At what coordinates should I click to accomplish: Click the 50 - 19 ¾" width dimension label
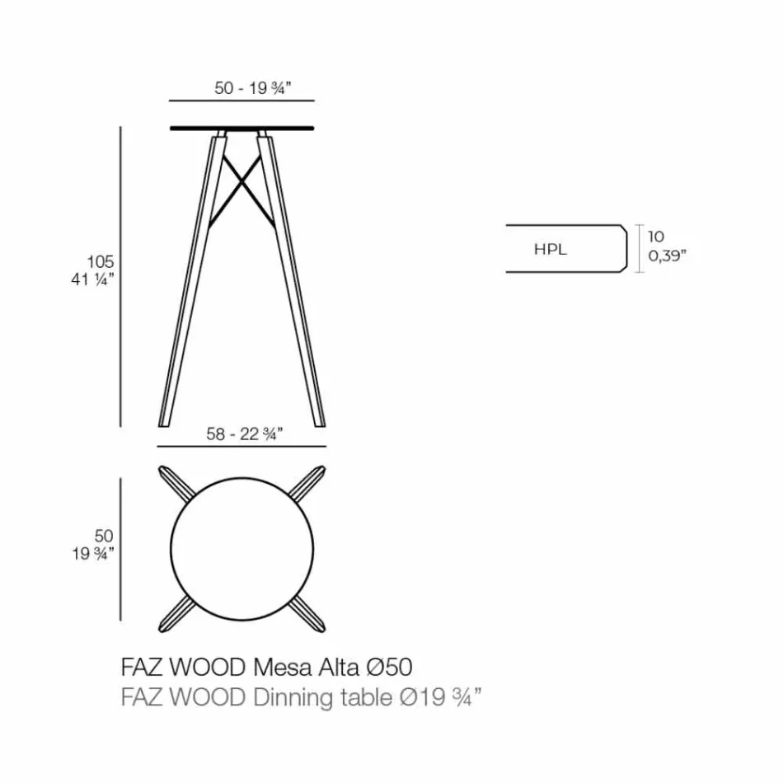coord(241,88)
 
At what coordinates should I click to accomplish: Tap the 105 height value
coord(101,261)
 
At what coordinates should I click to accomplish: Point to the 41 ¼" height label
coord(92,279)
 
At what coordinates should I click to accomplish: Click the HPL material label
coord(551,249)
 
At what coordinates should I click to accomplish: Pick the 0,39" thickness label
coord(667,256)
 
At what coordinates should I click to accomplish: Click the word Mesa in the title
coord(279,666)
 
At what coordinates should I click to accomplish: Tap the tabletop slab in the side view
coord(241,128)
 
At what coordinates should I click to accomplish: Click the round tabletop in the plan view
coord(242,543)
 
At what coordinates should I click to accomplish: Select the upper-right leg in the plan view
coord(306,482)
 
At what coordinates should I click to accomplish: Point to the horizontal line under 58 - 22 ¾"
coord(241,446)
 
